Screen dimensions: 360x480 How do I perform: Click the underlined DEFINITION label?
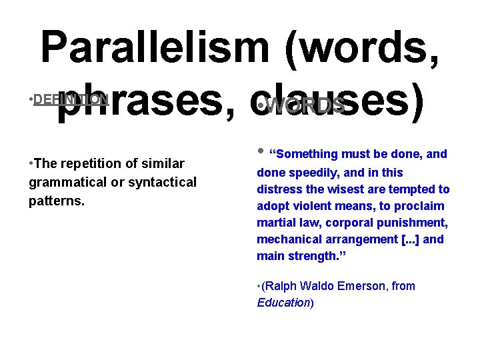click(x=71, y=99)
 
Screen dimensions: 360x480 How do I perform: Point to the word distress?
click(x=280, y=189)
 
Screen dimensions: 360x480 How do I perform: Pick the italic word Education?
click(x=283, y=302)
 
